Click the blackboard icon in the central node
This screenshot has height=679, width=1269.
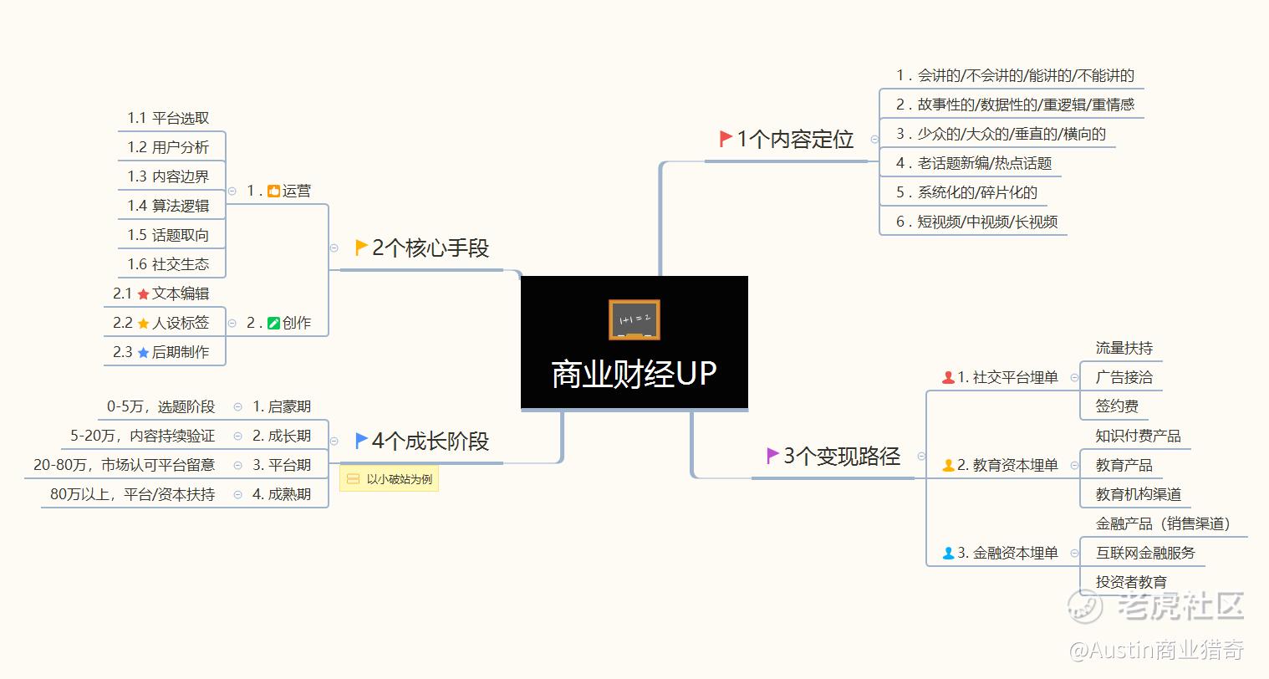coord(634,320)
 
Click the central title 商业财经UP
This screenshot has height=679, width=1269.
coord(634,374)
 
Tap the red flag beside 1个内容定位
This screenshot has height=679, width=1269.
coord(726,139)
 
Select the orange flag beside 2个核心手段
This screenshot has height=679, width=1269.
coord(361,248)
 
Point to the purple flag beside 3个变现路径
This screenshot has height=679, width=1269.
coord(772,456)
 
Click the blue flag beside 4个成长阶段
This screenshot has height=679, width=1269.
coord(361,441)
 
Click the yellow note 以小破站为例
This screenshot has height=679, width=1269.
coord(389,479)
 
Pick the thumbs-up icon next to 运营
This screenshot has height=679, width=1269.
coord(273,191)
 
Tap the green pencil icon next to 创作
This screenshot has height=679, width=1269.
coord(273,324)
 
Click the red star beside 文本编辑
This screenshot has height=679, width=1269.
coord(143,294)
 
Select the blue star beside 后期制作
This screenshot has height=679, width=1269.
coord(143,353)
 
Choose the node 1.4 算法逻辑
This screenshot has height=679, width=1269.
coord(168,206)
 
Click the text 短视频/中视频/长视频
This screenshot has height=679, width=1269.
coord(987,222)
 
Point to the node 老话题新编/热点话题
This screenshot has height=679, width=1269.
coord(984,163)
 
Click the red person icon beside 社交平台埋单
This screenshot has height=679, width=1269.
coord(948,378)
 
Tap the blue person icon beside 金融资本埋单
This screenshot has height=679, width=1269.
coord(948,554)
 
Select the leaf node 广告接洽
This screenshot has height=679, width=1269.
coord(1124,377)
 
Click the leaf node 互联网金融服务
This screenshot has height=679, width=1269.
coord(1145,553)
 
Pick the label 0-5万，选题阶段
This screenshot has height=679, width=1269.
coord(161,406)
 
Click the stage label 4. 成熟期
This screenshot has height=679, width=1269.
coord(282,494)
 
